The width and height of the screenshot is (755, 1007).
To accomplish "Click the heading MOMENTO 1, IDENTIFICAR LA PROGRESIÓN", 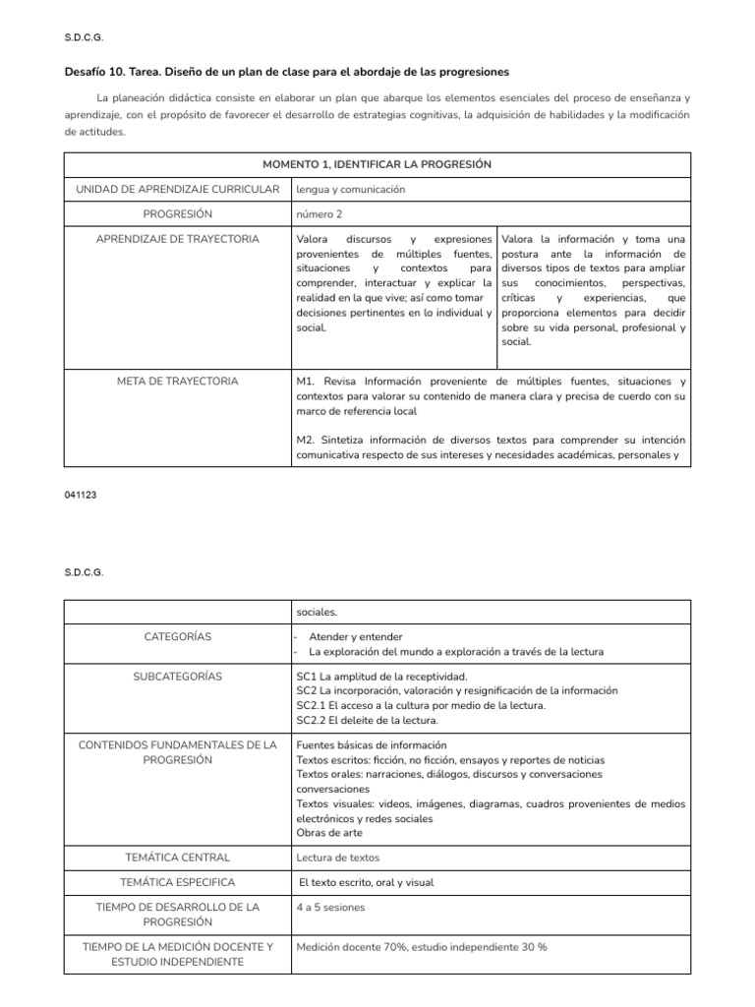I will [377, 164].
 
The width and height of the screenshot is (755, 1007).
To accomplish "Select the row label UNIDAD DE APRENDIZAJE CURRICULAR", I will [177, 189].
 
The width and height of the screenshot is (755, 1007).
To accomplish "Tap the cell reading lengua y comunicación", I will [351, 189].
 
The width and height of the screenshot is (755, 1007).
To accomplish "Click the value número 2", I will [320, 213].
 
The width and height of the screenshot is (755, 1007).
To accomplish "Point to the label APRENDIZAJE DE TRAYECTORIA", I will [177, 239].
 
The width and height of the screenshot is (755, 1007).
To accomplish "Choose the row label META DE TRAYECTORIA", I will [177, 381].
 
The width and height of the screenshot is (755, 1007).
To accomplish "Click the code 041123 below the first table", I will [80, 497].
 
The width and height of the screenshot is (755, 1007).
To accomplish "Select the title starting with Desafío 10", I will [287, 72].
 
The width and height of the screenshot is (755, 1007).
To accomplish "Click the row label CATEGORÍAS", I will [177, 636].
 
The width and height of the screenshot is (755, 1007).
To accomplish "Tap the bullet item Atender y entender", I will [355, 636].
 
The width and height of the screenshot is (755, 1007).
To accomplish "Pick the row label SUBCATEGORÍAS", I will [177, 676].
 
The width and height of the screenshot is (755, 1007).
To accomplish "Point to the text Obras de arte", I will [330, 832].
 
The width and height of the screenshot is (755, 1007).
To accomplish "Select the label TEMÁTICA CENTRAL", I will [177, 858].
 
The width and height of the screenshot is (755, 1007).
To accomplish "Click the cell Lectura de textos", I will [338, 858].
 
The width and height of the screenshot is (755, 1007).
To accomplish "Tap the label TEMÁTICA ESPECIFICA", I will [177, 882].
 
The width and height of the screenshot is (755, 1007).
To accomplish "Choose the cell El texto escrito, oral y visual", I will [366, 882].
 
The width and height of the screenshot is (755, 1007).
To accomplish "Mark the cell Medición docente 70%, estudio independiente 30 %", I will [421, 946].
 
